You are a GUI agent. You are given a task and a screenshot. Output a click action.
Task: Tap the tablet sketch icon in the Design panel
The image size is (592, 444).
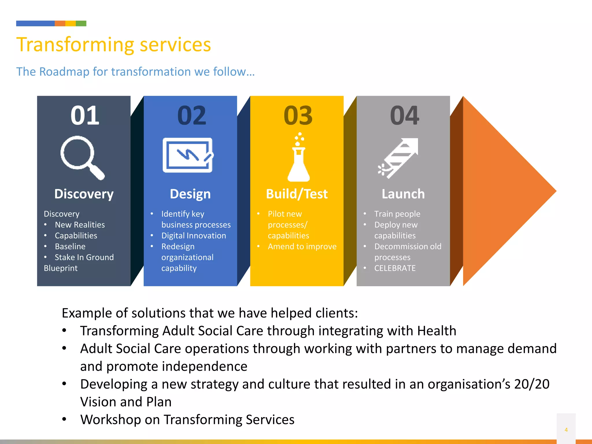coord(188,155)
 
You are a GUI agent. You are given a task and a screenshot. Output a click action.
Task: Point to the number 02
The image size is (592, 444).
coord(192,116)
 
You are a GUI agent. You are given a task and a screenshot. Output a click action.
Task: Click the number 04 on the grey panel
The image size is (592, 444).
coord(404,116)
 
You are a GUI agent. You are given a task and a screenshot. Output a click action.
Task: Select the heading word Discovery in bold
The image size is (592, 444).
coord(84,194)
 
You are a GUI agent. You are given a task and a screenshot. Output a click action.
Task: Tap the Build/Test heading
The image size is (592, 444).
coord(297,194)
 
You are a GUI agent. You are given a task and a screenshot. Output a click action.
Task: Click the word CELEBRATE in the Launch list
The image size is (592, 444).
coord(395,268)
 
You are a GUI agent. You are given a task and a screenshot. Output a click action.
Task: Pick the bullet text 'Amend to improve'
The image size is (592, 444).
coord(302,247)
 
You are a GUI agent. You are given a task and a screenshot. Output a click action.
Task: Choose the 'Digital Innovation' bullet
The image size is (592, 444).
coord(194,236)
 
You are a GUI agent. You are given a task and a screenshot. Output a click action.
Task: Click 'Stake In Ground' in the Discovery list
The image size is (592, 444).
coord(84,257)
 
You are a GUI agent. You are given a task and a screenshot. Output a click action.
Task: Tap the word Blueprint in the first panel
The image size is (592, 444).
coord(61,268)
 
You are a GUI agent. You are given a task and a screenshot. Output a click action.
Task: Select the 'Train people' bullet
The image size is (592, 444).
coord(397,214)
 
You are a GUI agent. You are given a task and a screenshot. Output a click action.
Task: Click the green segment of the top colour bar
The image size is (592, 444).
coord(81,23)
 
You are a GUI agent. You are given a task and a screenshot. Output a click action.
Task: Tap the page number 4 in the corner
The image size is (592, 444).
coord(566,430)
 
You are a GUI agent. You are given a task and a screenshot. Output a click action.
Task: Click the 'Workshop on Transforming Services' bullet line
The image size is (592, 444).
coord(187,420)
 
